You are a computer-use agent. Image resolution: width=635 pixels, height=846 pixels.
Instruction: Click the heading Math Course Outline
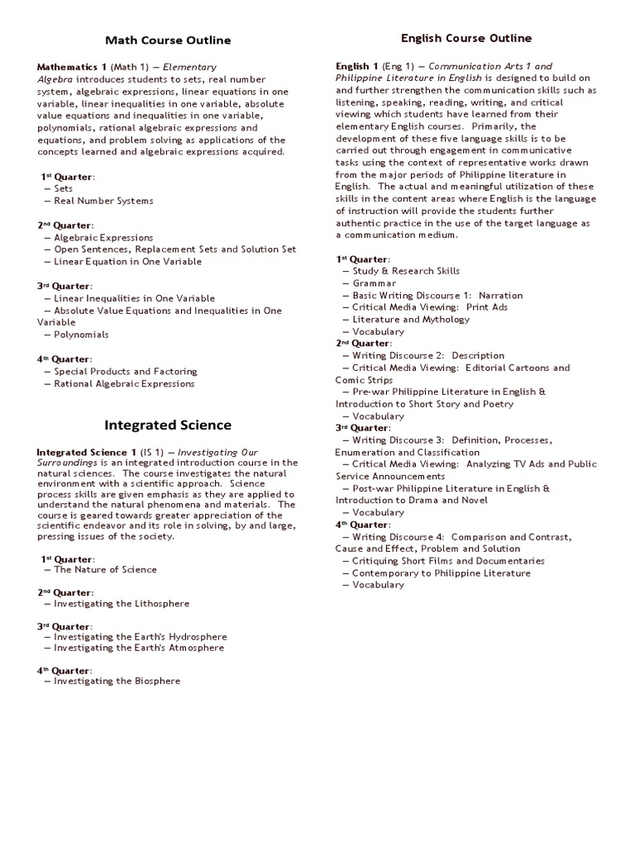(168, 40)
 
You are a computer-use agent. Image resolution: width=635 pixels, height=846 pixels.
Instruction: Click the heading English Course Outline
(466, 38)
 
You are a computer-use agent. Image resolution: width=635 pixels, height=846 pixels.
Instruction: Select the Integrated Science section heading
(168, 425)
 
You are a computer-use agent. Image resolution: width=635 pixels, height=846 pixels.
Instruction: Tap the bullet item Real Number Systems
(103, 201)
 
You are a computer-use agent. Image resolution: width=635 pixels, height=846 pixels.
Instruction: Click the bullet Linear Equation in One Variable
(127, 261)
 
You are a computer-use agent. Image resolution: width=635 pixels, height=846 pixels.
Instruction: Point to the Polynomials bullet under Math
(81, 335)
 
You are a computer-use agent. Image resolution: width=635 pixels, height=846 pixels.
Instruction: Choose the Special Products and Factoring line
(125, 372)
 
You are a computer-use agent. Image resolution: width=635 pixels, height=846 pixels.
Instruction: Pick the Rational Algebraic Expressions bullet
(124, 383)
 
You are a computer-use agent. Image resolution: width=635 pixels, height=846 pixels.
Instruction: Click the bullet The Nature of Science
(105, 569)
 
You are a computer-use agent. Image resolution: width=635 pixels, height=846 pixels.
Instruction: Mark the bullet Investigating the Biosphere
(117, 681)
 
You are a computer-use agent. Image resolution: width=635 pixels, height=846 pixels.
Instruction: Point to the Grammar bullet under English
(375, 283)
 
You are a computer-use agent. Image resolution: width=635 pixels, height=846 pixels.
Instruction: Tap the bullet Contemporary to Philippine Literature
(442, 573)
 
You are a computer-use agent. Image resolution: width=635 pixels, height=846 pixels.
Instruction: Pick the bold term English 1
(357, 66)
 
